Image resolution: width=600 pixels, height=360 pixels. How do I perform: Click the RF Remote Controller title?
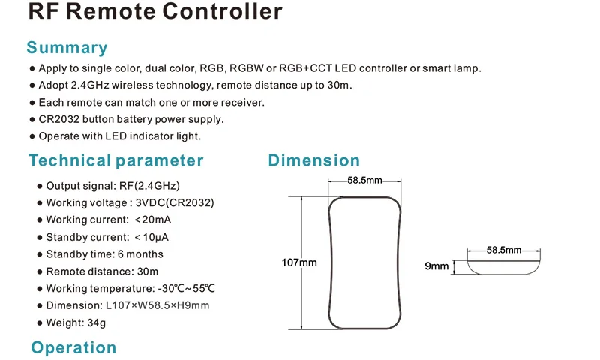(x=155, y=10)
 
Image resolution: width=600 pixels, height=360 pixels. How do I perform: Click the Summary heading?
(x=67, y=48)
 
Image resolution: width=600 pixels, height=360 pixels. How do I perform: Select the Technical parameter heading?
(x=116, y=160)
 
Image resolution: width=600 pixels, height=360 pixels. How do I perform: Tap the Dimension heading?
(x=314, y=160)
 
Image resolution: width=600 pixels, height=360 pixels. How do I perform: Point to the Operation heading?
(x=73, y=347)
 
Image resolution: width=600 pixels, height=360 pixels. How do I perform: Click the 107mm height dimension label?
(x=299, y=262)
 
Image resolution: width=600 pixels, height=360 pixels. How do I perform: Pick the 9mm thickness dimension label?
(x=436, y=265)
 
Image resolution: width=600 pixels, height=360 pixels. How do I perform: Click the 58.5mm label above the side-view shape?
(x=503, y=250)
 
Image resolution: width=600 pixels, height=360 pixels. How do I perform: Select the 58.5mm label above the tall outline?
(x=364, y=180)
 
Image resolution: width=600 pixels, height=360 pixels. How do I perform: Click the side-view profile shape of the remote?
(x=503, y=273)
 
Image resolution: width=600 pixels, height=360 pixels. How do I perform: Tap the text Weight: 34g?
(x=76, y=323)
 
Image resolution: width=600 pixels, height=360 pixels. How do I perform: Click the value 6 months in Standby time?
(x=140, y=254)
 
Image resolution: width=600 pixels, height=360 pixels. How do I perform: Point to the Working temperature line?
(x=130, y=288)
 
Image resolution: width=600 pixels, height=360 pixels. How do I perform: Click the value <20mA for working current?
(x=153, y=220)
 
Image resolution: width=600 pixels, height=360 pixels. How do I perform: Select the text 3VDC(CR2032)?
(x=175, y=202)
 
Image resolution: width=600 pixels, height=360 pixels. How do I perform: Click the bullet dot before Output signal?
(x=40, y=186)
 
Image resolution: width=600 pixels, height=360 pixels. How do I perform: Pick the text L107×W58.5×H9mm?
(x=157, y=305)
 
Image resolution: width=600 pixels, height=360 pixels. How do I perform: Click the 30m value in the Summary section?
(x=339, y=85)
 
